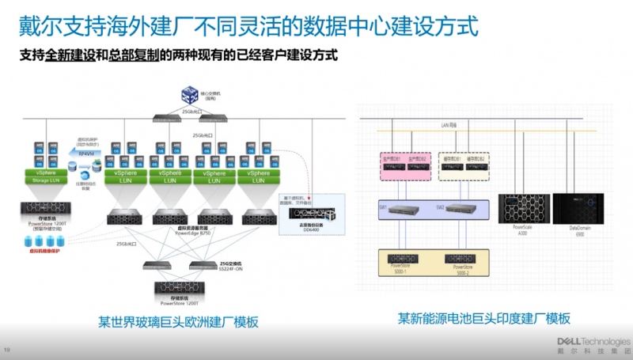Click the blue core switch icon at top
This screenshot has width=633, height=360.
coord(188,96)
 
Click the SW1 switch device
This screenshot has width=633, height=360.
coord(405,208)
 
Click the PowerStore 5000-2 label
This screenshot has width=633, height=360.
coord(464,270)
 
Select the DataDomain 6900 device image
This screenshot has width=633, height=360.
coord(578,209)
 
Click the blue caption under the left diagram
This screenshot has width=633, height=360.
coord(178,322)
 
